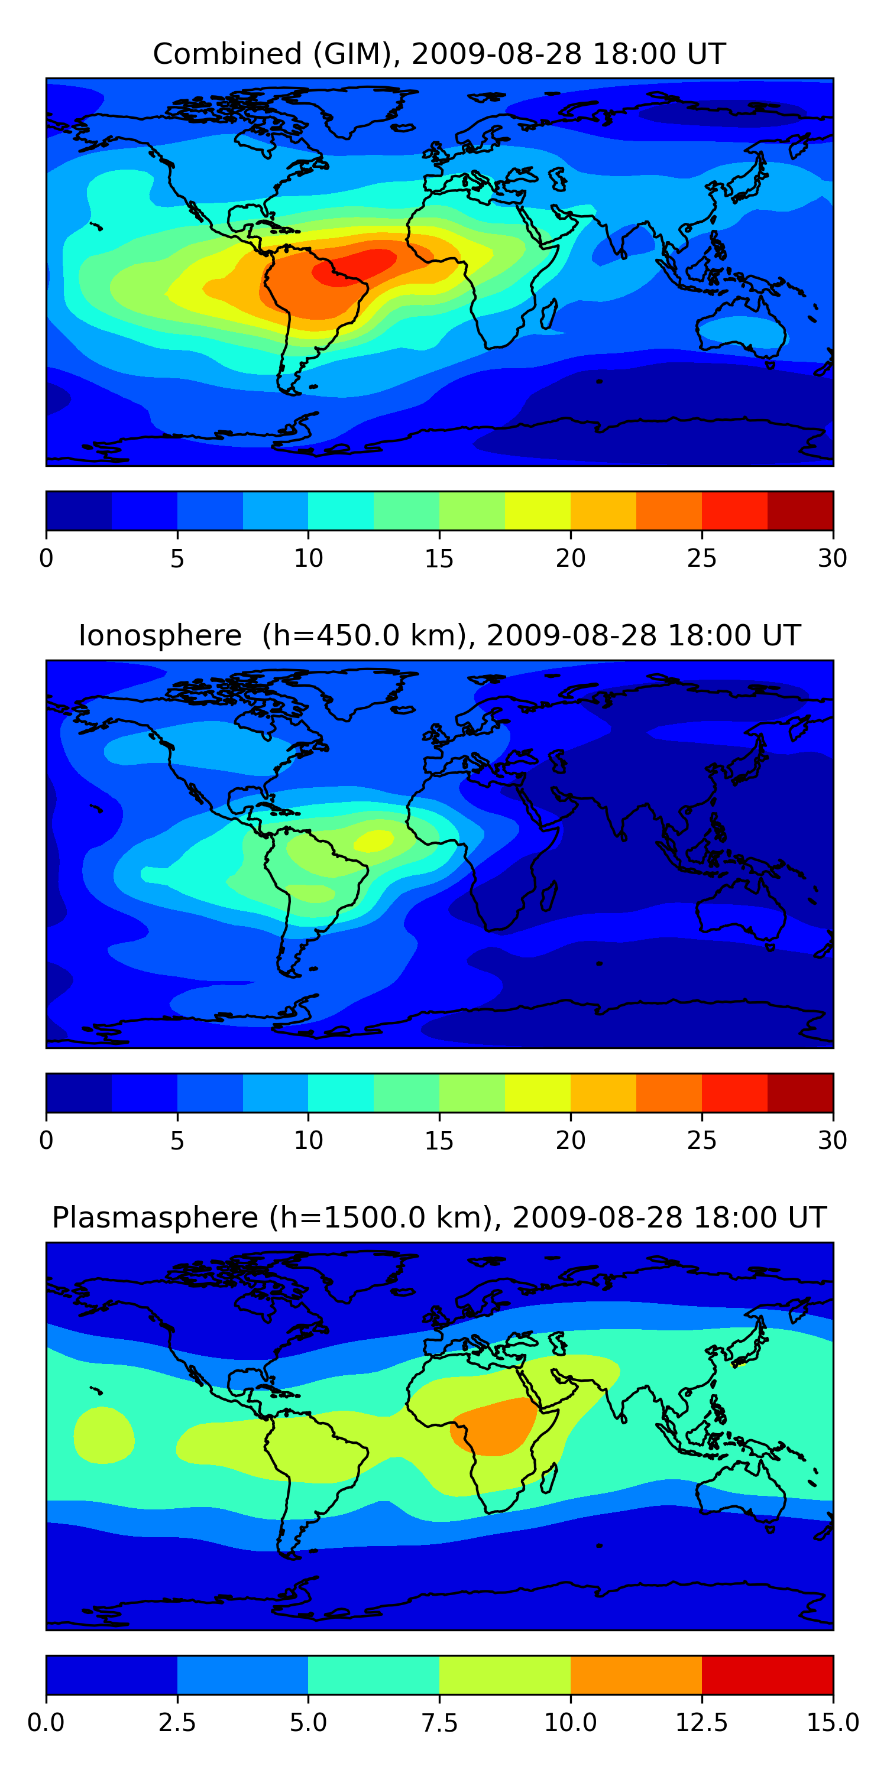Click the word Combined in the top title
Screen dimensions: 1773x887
[x=227, y=54]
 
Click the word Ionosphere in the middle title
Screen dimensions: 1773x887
[x=160, y=635]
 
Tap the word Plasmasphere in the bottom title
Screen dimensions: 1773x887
[x=155, y=1217]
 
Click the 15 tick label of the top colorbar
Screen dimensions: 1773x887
[x=439, y=558]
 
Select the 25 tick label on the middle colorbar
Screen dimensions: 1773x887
[x=701, y=1141]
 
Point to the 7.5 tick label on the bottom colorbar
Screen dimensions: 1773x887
[x=439, y=1723]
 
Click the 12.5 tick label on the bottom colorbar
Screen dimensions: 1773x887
[x=701, y=1723]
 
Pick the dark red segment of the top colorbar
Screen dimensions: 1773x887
[x=800, y=511]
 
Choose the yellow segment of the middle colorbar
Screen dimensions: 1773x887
[x=537, y=1093]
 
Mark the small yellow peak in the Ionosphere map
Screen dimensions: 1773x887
[x=374, y=840]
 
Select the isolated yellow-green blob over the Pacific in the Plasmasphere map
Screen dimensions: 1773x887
[x=103, y=1435]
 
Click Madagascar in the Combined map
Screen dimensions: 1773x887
[x=549, y=313]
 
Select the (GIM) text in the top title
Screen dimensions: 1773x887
[x=355, y=54]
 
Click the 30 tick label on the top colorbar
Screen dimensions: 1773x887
[x=832, y=558]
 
